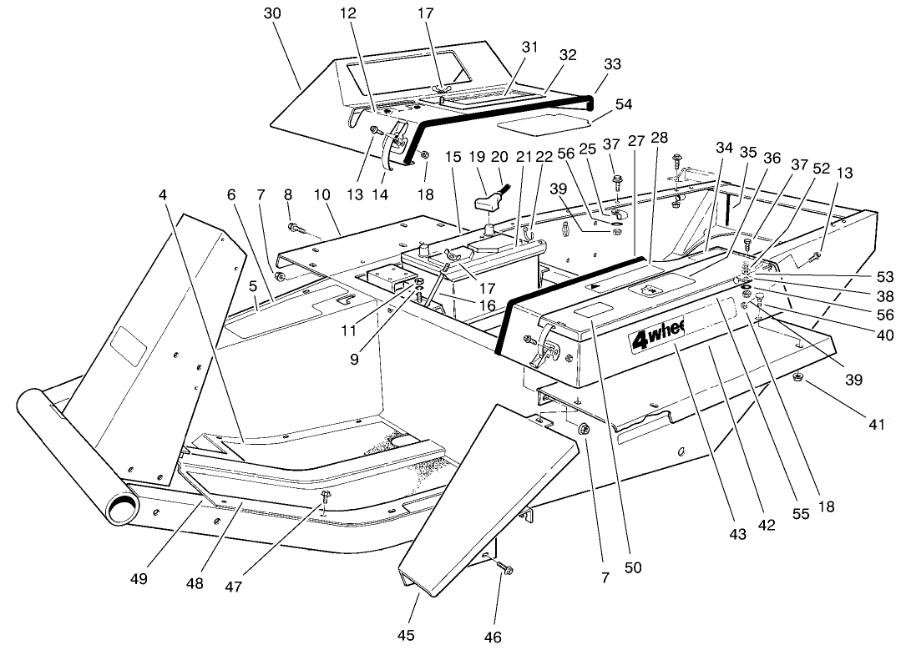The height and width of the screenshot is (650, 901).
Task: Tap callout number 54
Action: coord(623,104)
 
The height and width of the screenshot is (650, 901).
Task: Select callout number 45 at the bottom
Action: coord(406,635)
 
